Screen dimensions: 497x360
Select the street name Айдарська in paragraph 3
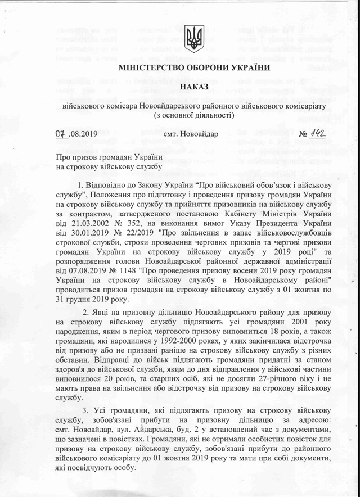[160, 432]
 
